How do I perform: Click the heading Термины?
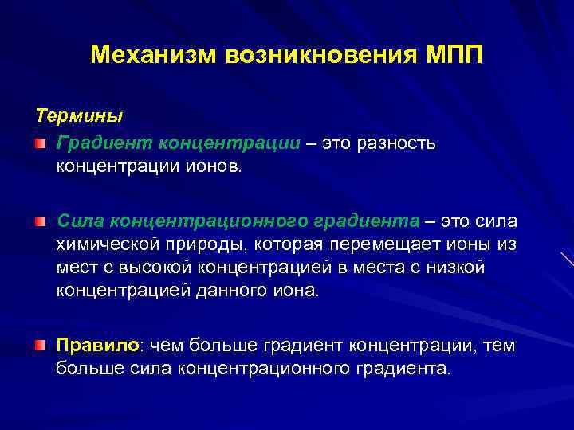[x=78, y=116]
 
